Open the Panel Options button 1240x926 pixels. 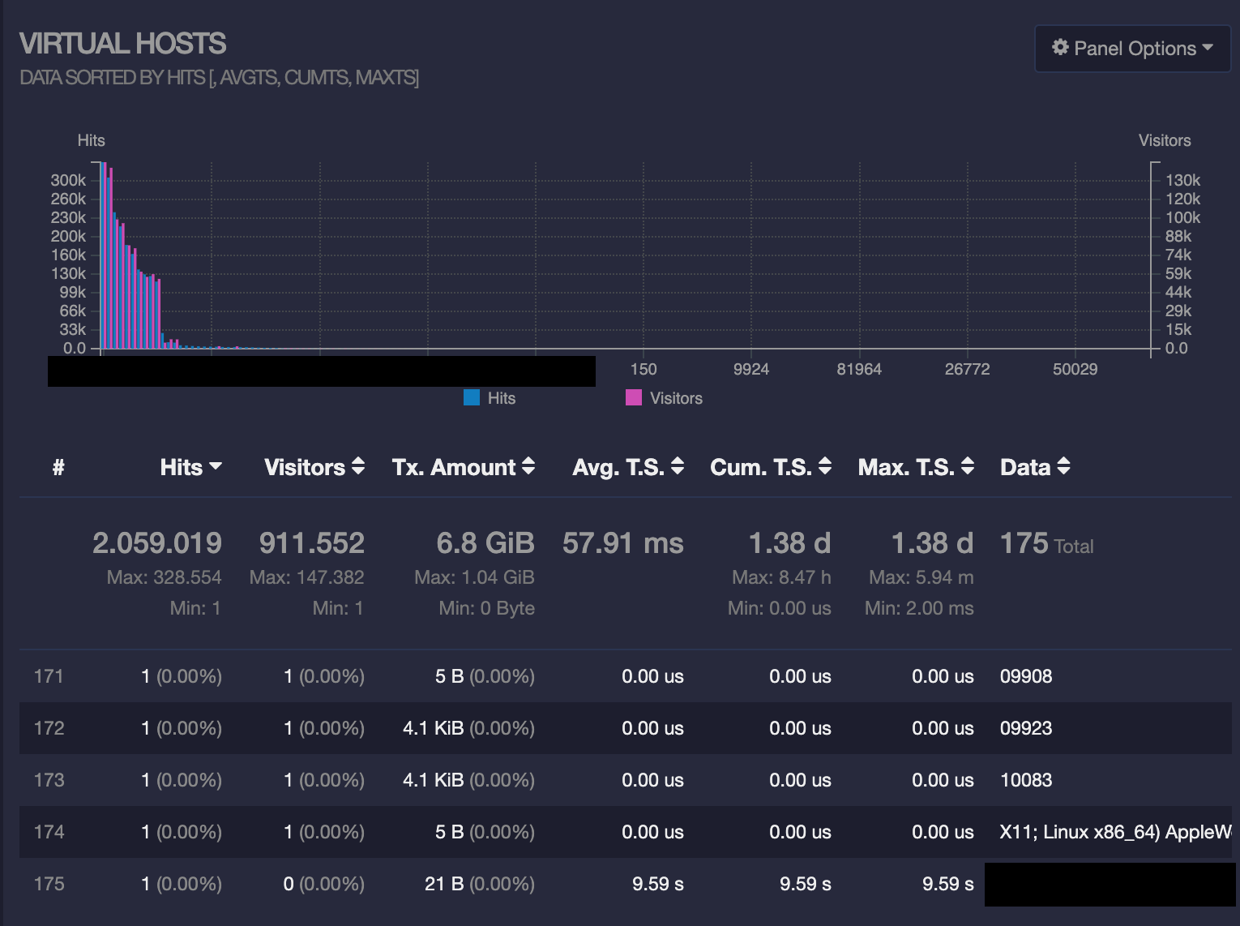point(1132,49)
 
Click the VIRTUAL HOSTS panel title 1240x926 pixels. point(122,44)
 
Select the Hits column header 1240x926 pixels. point(190,467)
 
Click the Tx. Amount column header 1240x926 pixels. point(463,467)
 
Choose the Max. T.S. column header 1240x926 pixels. point(915,467)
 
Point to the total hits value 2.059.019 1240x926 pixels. point(157,543)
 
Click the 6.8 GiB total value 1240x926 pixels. point(485,543)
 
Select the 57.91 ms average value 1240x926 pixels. point(622,543)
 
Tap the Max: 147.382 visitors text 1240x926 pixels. point(306,577)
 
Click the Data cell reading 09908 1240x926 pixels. point(1026,676)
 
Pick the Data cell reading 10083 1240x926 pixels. point(1026,780)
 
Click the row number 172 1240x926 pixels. point(49,728)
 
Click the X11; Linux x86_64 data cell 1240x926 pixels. point(1114,832)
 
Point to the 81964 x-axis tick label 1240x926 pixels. point(859,369)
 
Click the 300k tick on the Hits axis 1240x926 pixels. point(68,180)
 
